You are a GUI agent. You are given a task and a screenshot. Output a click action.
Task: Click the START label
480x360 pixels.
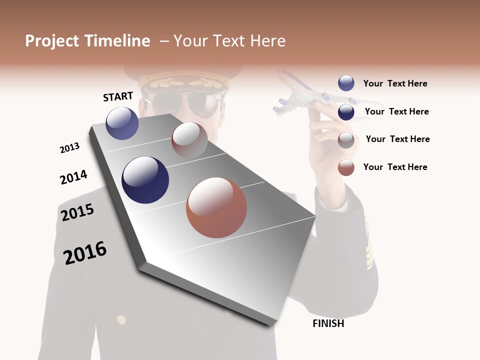point(118,96)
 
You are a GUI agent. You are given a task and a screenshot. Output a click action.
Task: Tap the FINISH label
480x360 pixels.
point(328,323)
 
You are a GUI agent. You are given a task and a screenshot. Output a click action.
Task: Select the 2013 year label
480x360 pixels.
point(69,148)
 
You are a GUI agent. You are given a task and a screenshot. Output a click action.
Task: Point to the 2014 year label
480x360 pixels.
point(73,177)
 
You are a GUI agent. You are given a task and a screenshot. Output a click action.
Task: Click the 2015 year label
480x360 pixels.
point(77,212)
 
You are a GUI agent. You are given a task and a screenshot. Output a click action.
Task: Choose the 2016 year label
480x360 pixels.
point(85,252)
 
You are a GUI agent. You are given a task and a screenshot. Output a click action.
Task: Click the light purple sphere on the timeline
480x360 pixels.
point(122,123)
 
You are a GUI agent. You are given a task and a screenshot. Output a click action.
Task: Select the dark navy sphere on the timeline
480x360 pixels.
point(145,180)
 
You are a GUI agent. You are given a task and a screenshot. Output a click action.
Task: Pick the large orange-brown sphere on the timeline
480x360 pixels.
point(216,207)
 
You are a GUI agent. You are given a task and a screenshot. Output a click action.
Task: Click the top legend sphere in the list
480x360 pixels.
point(346,83)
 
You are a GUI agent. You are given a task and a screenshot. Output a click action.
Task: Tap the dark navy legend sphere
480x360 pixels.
point(346,112)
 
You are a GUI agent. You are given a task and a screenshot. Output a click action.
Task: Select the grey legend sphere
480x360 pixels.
point(346,140)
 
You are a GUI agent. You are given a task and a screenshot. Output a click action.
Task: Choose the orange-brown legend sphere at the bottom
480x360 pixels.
point(346,167)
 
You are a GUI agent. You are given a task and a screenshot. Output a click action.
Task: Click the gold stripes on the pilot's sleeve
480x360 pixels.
point(369,240)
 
